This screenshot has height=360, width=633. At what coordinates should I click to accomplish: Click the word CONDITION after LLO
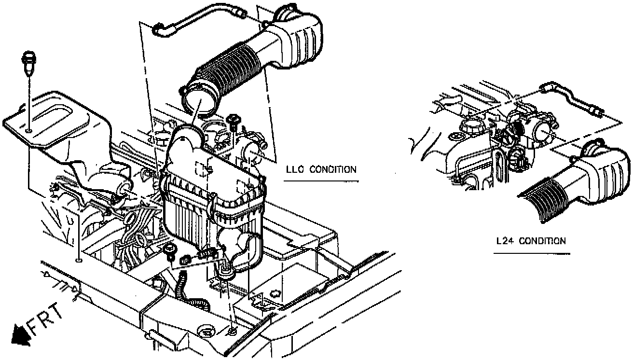(x=333, y=169)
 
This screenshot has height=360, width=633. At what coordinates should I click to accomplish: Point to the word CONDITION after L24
(x=542, y=240)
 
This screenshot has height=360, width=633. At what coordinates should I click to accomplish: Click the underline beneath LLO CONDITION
(x=321, y=181)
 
